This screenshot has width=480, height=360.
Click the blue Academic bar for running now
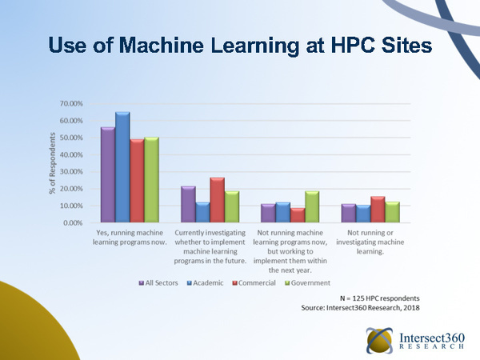pos(122,167)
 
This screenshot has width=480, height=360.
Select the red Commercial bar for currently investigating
pos(218,199)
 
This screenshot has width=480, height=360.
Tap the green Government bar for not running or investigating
pos(393,212)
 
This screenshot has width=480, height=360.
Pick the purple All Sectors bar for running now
pos(108,174)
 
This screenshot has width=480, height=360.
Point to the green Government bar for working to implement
pos(312,206)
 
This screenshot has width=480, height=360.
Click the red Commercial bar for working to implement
pos(298,215)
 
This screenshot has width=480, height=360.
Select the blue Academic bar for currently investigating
pos(202,212)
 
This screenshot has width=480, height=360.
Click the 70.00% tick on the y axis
pos(71,104)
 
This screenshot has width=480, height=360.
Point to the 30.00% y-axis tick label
pos(71,172)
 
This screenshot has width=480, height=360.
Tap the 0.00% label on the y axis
pos(73,223)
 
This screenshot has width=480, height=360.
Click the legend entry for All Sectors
pos(158,283)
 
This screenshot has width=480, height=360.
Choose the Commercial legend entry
pos(254,283)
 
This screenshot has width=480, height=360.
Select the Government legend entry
pos(308,283)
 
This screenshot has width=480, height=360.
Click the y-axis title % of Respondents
pos(52,163)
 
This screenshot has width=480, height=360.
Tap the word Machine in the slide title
pos(162,45)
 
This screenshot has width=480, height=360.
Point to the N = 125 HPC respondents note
pos(379,298)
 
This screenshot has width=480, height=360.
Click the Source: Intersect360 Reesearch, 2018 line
pos(360,307)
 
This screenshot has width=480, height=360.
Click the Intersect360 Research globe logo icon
pos(379,341)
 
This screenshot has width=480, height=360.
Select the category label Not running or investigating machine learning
pos(370,242)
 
